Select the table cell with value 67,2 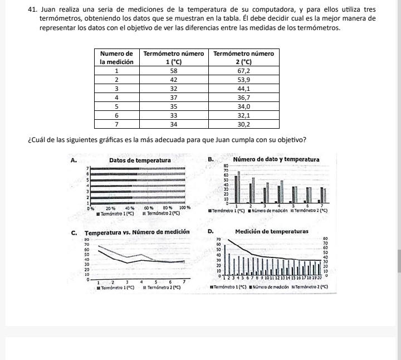(243, 71)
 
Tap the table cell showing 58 (173, 71)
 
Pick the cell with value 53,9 (243, 80)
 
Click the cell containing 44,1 (243, 88)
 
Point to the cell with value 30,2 (243, 124)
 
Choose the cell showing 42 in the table (173, 80)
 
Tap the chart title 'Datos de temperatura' (140, 160)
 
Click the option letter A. (74, 160)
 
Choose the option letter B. (210, 160)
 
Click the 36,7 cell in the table (243, 97)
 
